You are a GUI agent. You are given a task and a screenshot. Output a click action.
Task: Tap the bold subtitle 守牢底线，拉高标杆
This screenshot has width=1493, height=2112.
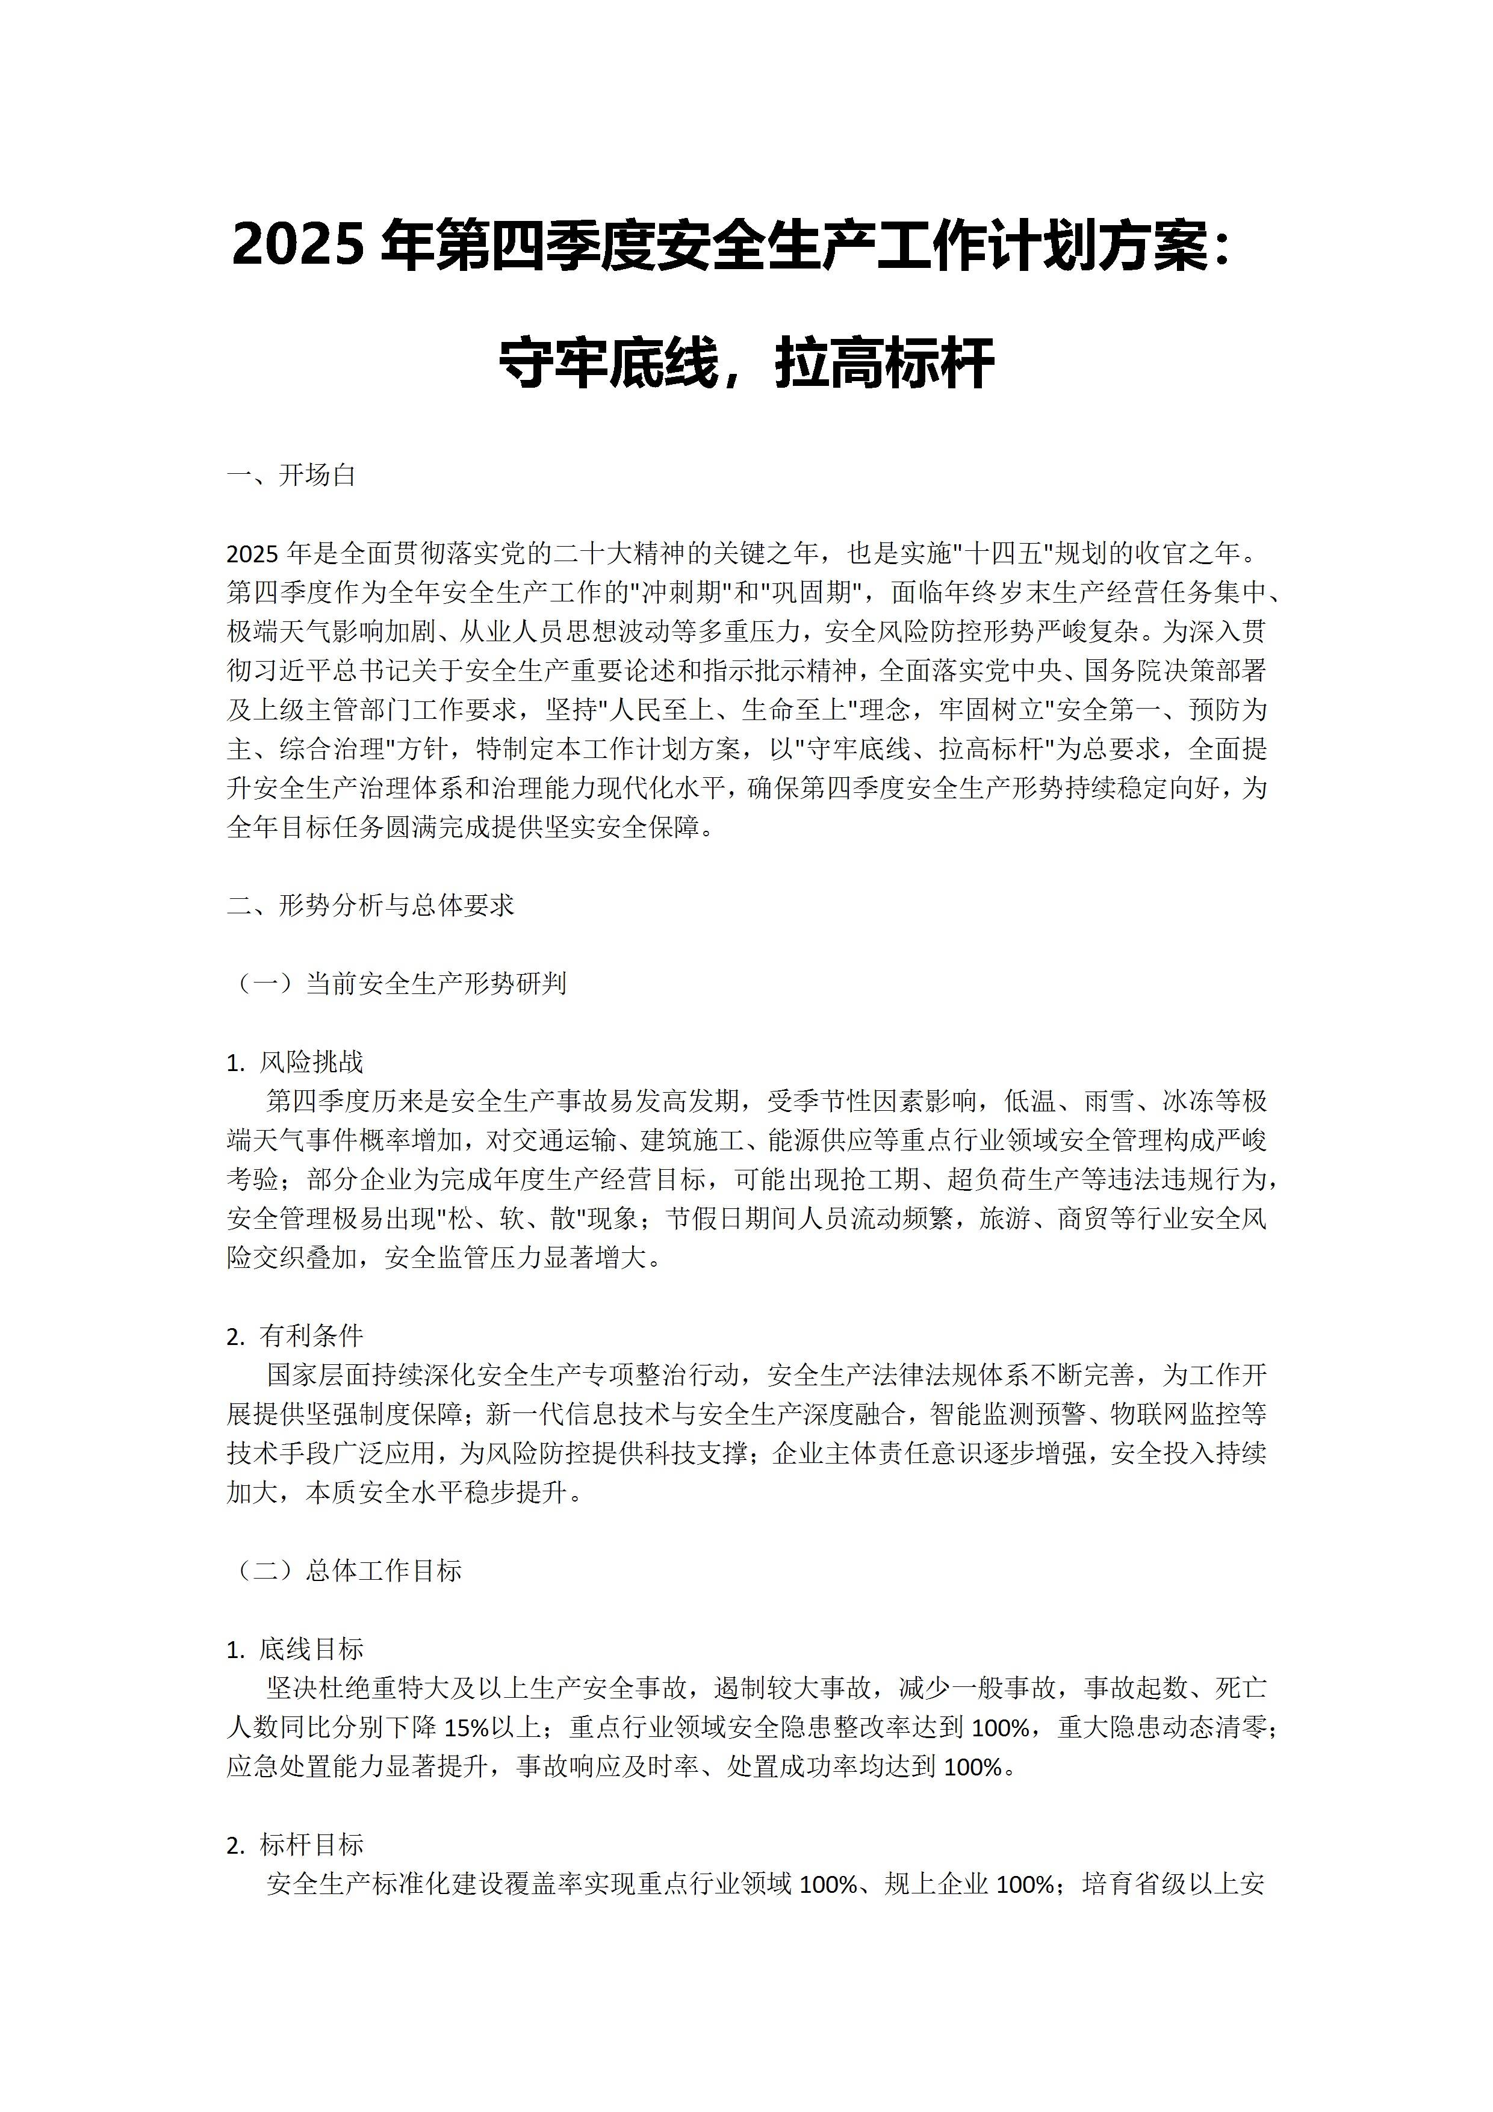click(x=746, y=364)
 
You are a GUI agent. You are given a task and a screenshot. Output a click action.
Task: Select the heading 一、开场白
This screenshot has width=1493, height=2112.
click(x=291, y=476)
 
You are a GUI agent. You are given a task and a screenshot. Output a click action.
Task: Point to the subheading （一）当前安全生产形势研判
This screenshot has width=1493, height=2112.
click(x=397, y=983)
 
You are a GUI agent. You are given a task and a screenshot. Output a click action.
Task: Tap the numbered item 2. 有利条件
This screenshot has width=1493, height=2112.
click(x=294, y=1335)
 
